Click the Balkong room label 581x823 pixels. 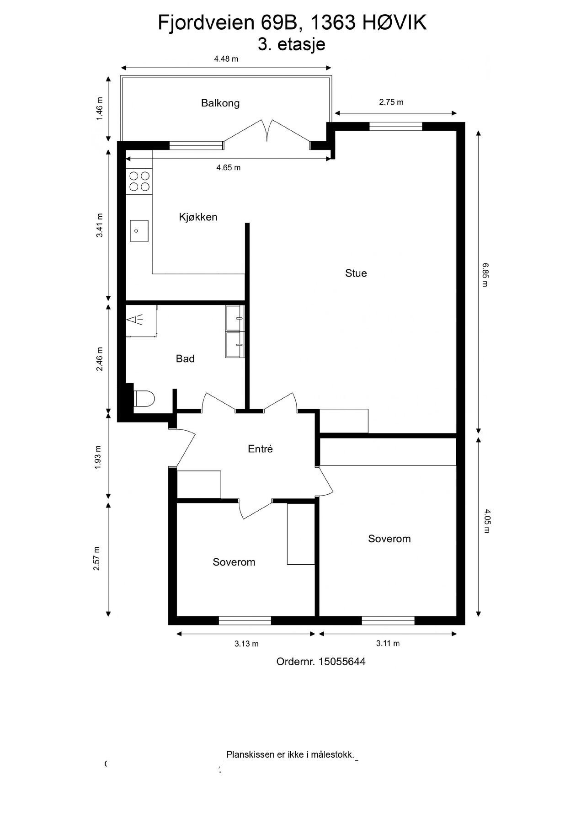[x=220, y=103]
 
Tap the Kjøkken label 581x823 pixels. [x=198, y=217]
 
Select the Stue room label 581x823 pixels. [x=356, y=273]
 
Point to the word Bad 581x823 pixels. [x=185, y=359]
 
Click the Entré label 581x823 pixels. [x=260, y=449]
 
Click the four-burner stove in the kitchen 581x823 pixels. [x=139, y=181]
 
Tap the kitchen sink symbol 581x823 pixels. [x=139, y=230]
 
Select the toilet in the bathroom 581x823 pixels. [x=144, y=399]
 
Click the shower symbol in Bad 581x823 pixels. [x=136, y=320]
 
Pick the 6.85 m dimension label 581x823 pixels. [x=485, y=274]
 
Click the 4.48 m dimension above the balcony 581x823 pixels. [x=226, y=59]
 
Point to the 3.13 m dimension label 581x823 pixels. [x=246, y=644]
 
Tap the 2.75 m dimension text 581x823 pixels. [x=391, y=102]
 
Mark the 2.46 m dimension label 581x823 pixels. [x=100, y=359]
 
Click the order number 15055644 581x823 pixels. [x=341, y=662]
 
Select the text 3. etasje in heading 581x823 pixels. [x=291, y=45]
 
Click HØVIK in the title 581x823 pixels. [x=394, y=23]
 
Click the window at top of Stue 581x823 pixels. [x=395, y=127]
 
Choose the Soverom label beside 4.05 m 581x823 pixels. [x=389, y=539]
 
